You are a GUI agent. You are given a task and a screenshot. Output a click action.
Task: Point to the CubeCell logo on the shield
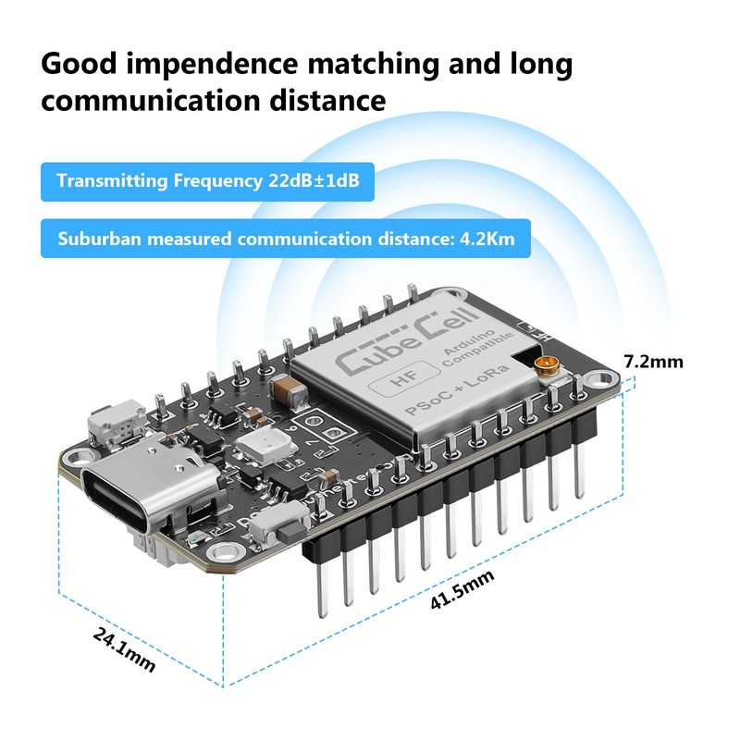pyautogui.click(x=387, y=347)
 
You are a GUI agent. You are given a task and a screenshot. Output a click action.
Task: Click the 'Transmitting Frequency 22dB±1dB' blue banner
pyautogui.click(x=207, y=180)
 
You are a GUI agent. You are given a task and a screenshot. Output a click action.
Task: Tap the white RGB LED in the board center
pyautogui.click(x=255, y=450)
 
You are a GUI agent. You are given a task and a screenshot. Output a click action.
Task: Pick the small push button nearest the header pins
pyautogui.click(x=268, y=532)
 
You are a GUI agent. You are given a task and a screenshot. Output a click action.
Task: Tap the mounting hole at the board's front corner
pyautogui.click(x=222, y=554)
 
